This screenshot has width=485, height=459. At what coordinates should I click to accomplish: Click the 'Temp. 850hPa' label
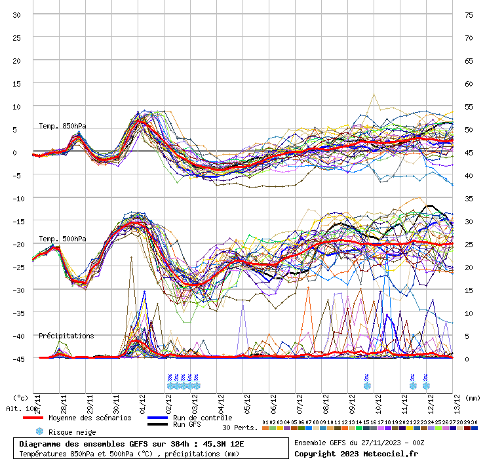click(x=62, y=126)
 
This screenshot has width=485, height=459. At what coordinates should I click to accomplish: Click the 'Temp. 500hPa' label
click(x=62, y=239)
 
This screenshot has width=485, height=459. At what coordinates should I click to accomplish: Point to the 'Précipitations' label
click(x=66, y=336)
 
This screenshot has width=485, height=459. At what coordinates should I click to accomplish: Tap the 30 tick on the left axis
click(x=17, y=14)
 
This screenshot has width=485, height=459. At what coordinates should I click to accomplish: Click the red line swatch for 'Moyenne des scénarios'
click(x=33, y=418)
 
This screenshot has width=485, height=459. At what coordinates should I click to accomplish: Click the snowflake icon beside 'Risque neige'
click(x=39, y=431)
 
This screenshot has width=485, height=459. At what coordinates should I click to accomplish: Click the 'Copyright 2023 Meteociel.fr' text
click(x=356, y=453)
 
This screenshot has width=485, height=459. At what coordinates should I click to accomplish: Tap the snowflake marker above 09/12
click(x=366, y=386)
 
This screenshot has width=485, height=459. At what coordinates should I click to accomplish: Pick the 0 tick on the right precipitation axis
click(x=468, y=359)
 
